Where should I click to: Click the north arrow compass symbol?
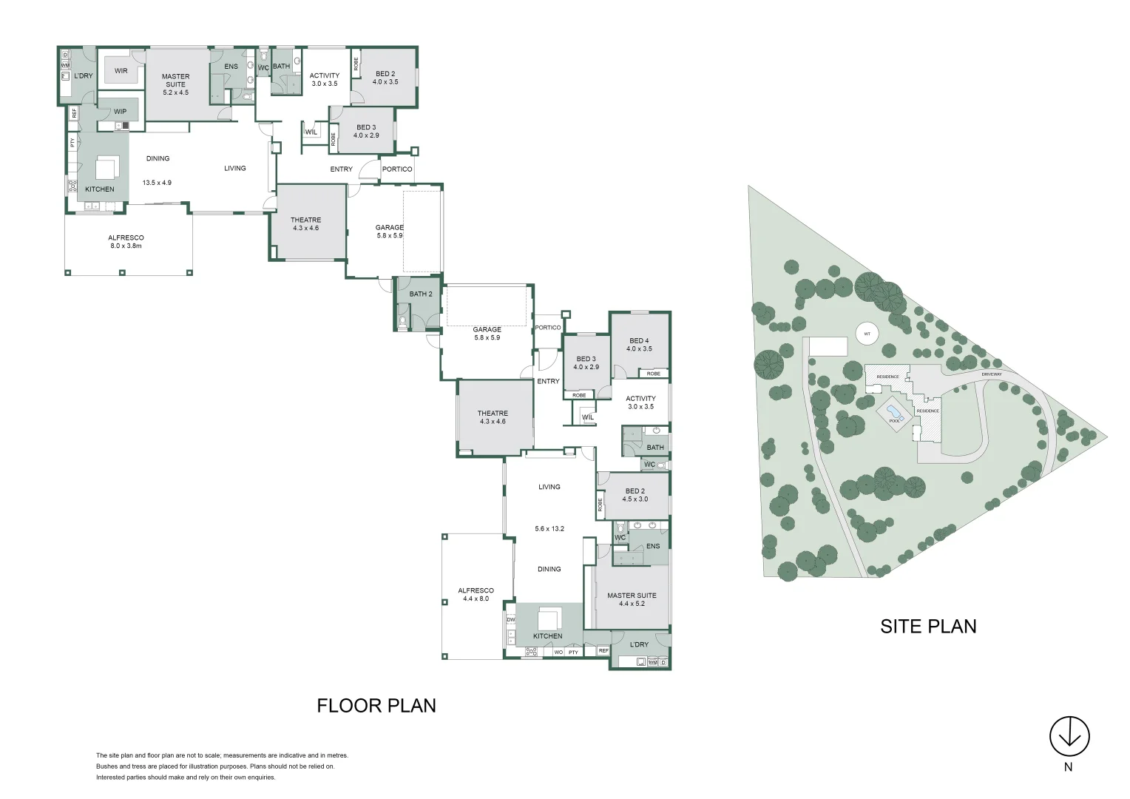pos(1069,736)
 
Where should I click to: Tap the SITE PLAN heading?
pos(928,627)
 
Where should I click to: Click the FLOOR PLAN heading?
pos(376,706)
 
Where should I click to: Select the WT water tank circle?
pos(867,334)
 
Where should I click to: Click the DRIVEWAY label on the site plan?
pos(991,374)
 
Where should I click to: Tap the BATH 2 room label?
pos(421,294)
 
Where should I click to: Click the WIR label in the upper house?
pos(121,71)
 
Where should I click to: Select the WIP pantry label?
pos(120,112)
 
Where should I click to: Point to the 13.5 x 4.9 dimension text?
pos(157,183)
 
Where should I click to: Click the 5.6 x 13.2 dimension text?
pos(549,529)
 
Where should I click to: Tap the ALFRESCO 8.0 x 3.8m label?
pos(126,242)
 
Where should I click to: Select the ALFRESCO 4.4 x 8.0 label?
pos(476,595)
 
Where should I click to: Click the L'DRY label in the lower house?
pos(639,644)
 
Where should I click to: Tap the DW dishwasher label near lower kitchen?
pos(510,620)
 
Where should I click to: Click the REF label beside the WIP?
pos(74,114)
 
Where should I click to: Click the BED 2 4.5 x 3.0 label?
pos(635,495)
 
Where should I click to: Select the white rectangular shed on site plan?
pos(828,346)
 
